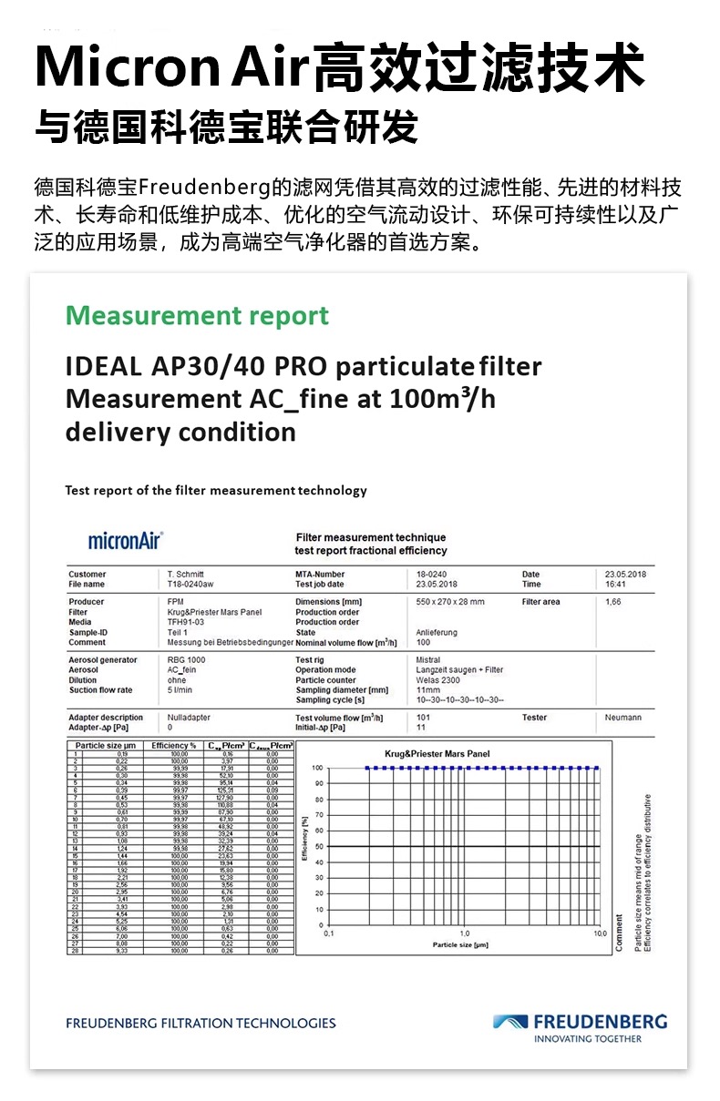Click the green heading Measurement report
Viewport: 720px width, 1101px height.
point(197,316)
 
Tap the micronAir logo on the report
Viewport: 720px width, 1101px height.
point(125,541)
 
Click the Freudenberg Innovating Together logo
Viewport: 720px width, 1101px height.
point(580,1027)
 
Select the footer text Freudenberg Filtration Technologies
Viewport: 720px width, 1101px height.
point(201,1023)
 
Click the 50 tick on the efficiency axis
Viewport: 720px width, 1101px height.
point(318,847)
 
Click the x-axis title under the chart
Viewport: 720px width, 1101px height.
point(460,944)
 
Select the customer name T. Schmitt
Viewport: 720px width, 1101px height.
point(186,575)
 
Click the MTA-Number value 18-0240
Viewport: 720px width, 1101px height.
point(431,575)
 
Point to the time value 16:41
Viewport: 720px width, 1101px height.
point(616,585)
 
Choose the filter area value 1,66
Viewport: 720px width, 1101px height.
point(613,602)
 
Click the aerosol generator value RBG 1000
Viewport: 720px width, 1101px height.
point(186,660)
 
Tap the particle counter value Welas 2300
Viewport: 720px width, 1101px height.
point(438,680)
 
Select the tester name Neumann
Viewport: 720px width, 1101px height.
point(622,718)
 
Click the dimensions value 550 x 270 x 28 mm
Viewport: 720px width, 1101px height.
point(450,602)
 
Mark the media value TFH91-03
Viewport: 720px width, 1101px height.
point(187,622)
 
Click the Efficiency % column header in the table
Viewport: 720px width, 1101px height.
point(174,746)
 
